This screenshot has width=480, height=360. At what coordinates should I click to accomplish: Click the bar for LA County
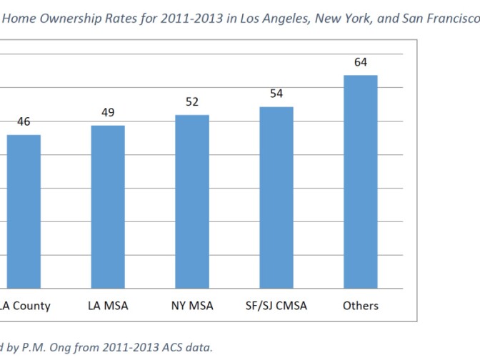pos(24,211)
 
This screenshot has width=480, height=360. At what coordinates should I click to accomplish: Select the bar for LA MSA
pos(108,207)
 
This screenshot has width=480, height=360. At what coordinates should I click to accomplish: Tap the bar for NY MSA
pos(192,201)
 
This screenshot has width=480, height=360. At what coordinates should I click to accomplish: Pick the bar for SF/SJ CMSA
pos(276,198)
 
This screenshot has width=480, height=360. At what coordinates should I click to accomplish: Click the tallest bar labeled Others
pos(361,181)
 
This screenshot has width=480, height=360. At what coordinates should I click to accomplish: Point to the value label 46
pos(24,122)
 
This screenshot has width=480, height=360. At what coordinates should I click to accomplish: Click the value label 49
pos(108,113)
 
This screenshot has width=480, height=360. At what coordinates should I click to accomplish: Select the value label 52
pos(192,102)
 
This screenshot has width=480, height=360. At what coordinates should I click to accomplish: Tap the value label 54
pos(276,94)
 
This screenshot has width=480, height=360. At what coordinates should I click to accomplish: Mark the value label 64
pos(361,62)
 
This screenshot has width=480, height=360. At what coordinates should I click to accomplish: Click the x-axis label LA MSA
pos(108,306)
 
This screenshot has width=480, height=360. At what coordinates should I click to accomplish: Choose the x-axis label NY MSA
pos(192,306)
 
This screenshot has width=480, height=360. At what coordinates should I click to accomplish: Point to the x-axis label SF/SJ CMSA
pos(276,306)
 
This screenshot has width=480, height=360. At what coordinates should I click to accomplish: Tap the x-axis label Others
pos(361,306)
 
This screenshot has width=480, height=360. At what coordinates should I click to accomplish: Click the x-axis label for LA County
pos(26,306)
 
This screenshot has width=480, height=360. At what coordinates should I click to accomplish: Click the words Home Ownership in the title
pos(46,21)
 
